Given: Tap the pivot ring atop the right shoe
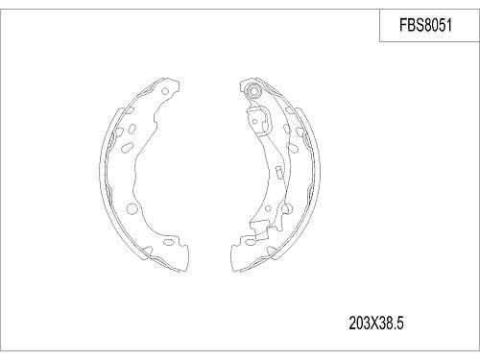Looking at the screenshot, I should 252,91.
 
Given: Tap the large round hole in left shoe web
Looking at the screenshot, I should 131,209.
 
